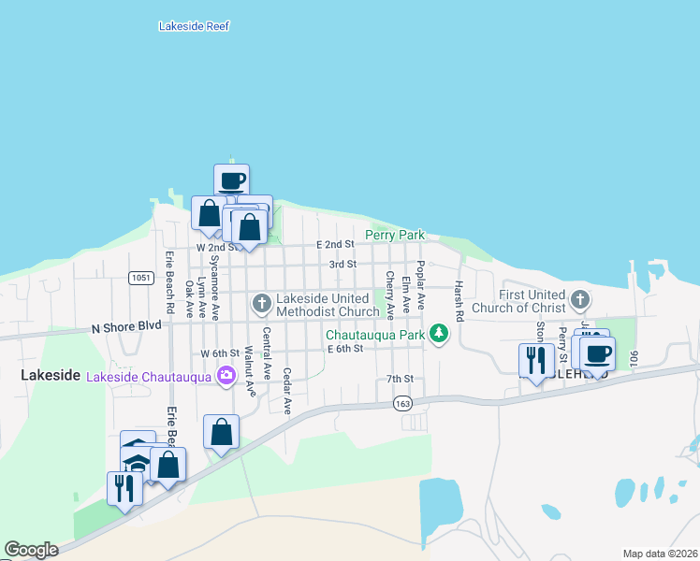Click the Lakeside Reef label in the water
pos(194,26)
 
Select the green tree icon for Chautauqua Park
pos(437,333)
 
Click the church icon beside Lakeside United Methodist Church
pos(261,303)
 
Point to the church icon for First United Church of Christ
pos(580,300)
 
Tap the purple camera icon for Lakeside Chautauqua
pos(225,376)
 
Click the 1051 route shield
pos(141,278)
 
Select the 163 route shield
pos(403,403)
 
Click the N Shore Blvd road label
pos(126,326)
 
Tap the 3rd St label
pos(343,265)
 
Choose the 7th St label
pos(400,379)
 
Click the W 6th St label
pos(220,353)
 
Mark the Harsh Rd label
pos(459,301)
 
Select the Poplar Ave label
pos(421,286)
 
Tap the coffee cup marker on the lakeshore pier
pos(231,180)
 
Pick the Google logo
pos(31,550)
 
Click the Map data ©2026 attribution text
pos(659,554)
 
